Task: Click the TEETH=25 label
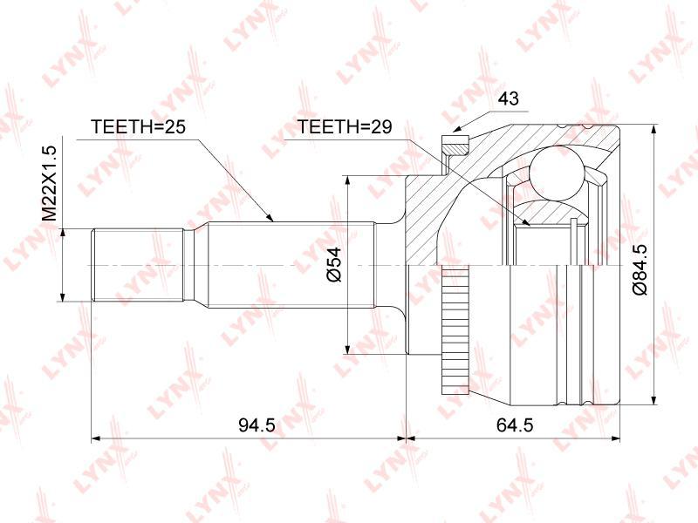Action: (x=138, y=126)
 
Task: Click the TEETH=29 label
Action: (x=344, y=126)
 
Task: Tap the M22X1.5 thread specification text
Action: (x=51, y=183)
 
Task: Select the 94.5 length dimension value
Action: (x=257, y=425)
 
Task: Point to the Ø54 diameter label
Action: (x=334, y=264)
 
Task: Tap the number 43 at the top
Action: (x=509, y=98)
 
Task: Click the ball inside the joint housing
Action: (x=558, y=174)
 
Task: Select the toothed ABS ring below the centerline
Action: (x=455, y=331)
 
